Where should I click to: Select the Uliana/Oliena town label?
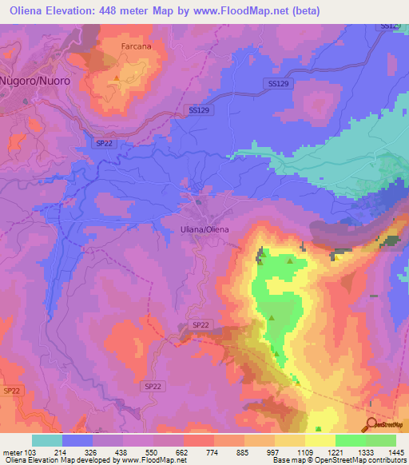click(201, 229)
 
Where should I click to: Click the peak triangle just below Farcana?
click(117, 77)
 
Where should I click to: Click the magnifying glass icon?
click(371, 424)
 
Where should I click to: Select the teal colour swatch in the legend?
click(47, 440)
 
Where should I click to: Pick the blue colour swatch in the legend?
click(77, 440)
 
